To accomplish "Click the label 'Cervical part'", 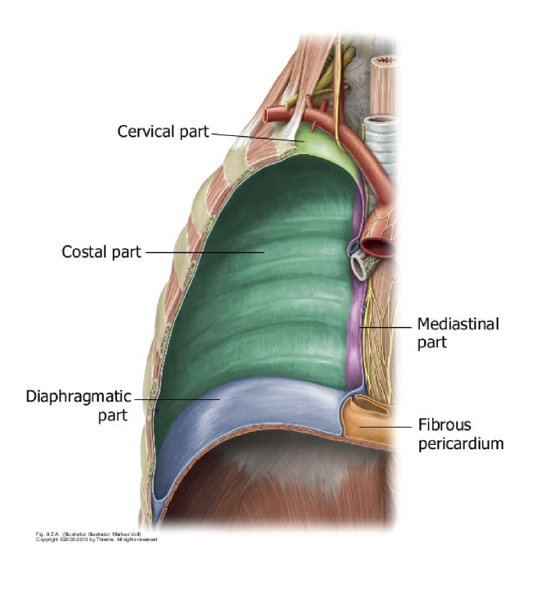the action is coord(163,132).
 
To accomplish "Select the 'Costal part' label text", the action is coord(101,252).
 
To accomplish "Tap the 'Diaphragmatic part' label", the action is coord(79,406).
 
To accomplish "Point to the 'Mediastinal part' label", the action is coord(457,333).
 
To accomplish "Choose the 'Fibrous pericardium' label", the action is coord(460,434).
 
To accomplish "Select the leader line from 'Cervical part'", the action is coord(253,136).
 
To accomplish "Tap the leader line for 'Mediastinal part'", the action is coord(387,328).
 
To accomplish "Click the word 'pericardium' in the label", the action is coord(460,443).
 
